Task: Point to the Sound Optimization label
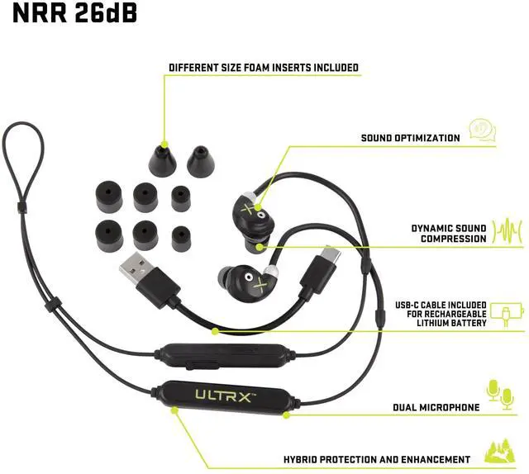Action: pos(410,138)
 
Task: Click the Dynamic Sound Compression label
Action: pos(449,233)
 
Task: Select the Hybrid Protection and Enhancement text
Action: pos(377,459)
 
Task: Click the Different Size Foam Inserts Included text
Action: pos(264,68)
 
